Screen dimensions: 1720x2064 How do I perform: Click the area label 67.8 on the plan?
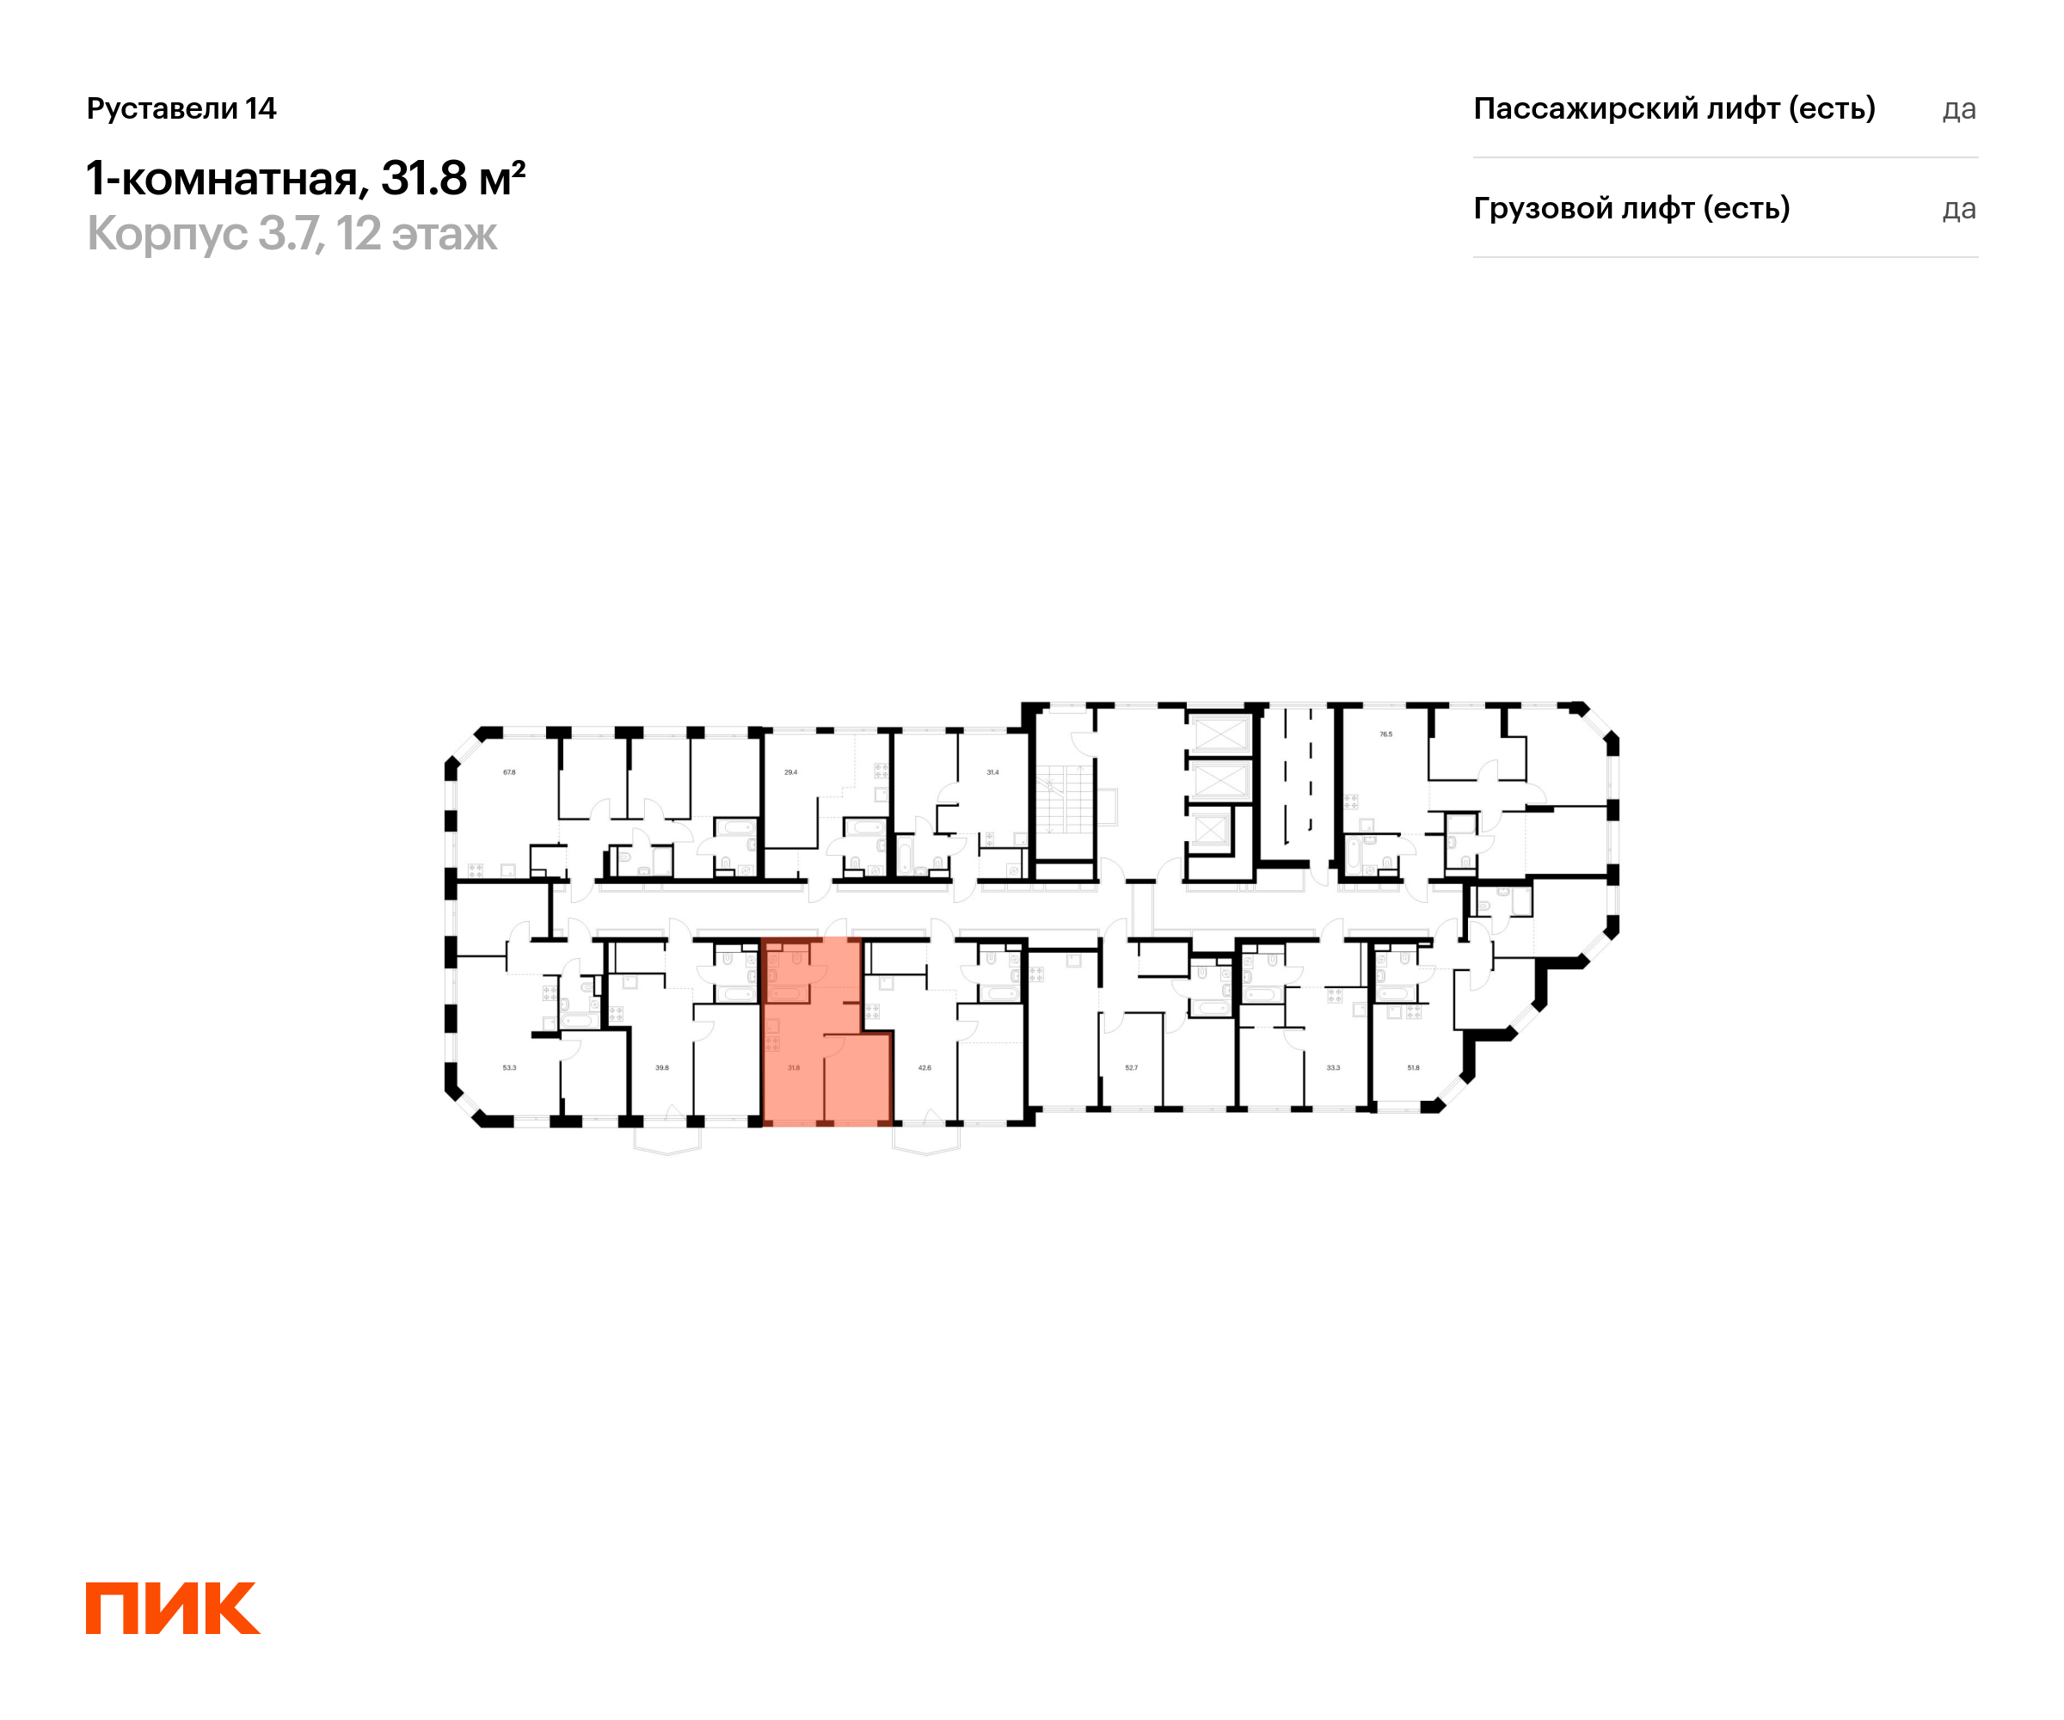tap(509, 772)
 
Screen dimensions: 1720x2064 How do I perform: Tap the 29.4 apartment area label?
tap(790, 772)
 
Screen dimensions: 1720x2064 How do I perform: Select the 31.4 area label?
tap(992, 772)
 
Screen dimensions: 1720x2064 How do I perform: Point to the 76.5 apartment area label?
tap(1385, 734)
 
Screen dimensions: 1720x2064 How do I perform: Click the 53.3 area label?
tap(509, 1067)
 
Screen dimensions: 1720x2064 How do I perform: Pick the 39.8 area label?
tap(662, 1067)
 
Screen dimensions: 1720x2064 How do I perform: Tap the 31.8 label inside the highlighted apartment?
tap(794, 1067)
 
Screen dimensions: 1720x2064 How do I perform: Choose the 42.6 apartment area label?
tap(924, 1067)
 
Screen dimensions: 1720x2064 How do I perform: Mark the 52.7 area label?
tap(1131, 1067)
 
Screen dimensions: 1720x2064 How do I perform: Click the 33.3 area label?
tap(1333, 1067)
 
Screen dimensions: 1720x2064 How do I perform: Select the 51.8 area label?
tap(1413, 1067)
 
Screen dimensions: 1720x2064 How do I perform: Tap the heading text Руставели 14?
tap(181, 108)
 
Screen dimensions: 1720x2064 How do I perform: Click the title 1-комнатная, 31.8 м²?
tap(305, 179)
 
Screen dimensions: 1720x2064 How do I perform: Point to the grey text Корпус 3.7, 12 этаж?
tap(292, 234)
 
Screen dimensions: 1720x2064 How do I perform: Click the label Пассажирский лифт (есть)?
tap(1674, 108)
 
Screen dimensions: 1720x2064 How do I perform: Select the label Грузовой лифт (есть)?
tap(1631, 208)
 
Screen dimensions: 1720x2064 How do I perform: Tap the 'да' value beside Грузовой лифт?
tap(1959, 209)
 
